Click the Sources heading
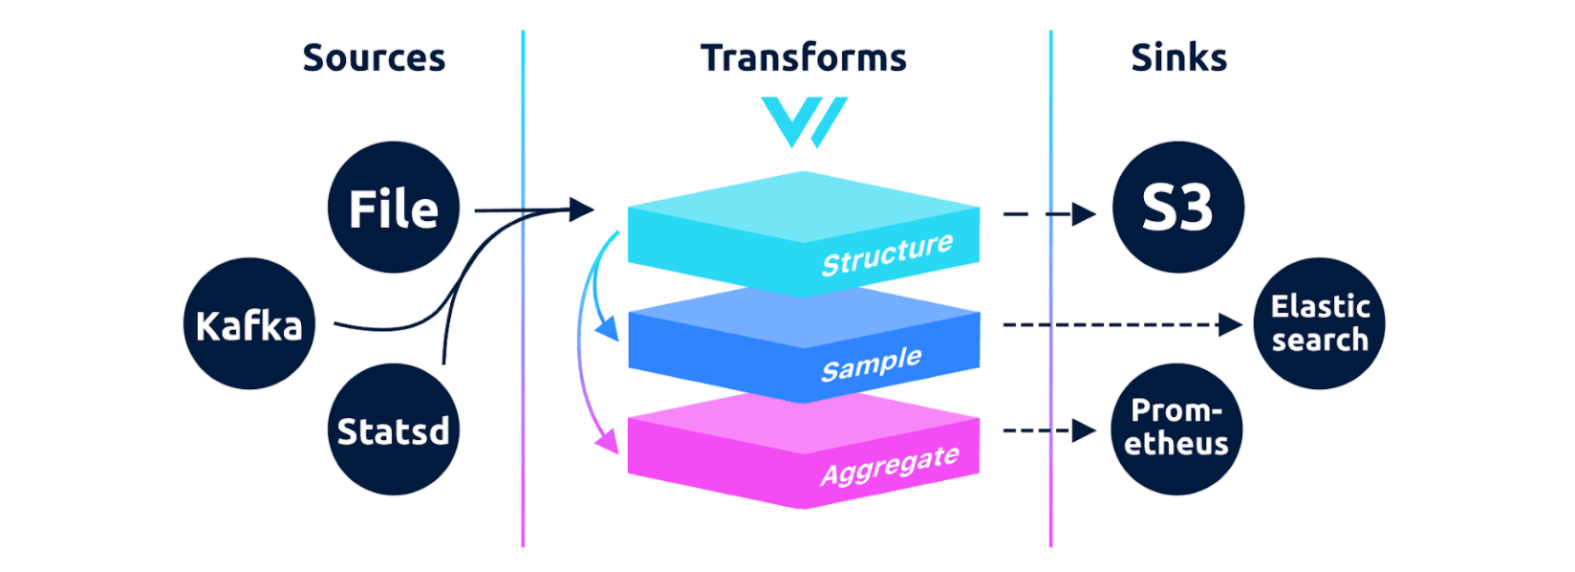click(x=374, y=58)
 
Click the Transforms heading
click(x=803, y=58)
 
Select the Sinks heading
click(x=1178, y=58)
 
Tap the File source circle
click(x=393, y=208)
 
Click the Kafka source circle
click(x=248, y=324)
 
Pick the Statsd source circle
click(x=393, y=430)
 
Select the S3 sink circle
click(x=1177, y=208)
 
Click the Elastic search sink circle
click(x=1319, y=323)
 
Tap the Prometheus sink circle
click(x=1176, y=429)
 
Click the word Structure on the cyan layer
click(x=887, y=254)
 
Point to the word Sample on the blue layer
click(x=871, y=364)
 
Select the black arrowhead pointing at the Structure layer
click(x=581, y=209)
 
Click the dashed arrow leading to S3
click(x=1048, y=214)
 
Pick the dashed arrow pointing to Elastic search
click(x=1123, y=325)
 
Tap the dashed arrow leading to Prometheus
click(x=1048, y=430)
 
